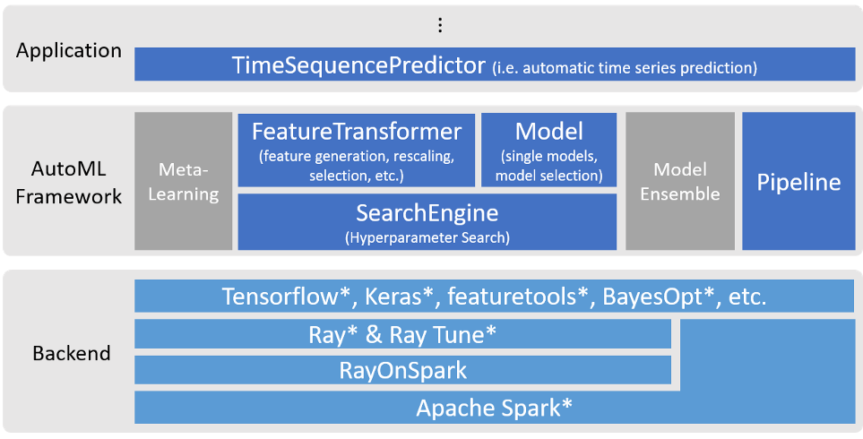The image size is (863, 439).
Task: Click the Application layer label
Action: click(x=69, y=51)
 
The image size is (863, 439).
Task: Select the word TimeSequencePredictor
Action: click(x=358, y=65)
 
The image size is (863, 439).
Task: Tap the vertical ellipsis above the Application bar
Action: click(x=439, y=25)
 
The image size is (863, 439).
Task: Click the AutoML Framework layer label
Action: click(x=69, y=181)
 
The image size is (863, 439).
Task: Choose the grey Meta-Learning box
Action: click(x=183, y=181)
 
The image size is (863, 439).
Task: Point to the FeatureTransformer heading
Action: click(x=356, y=132)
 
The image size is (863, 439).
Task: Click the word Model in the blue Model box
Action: click(x=548, y=132)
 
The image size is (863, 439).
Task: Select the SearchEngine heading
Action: click(x=427, y=213)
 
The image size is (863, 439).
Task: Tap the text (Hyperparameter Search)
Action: click(x=427, y=237)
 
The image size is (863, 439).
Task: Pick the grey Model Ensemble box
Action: click(x=680, y=181)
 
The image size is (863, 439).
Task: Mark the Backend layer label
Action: click(x=72, y=353)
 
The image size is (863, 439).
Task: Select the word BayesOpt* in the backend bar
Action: click(x=664, y=297)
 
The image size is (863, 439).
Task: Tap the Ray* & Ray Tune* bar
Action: click(x=402, y=334)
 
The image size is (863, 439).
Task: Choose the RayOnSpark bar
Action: click(x=402, y=369)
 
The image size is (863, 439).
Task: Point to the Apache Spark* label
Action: click(x=494, y=408)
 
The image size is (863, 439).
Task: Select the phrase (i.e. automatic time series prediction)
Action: click(x=625, y=67)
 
